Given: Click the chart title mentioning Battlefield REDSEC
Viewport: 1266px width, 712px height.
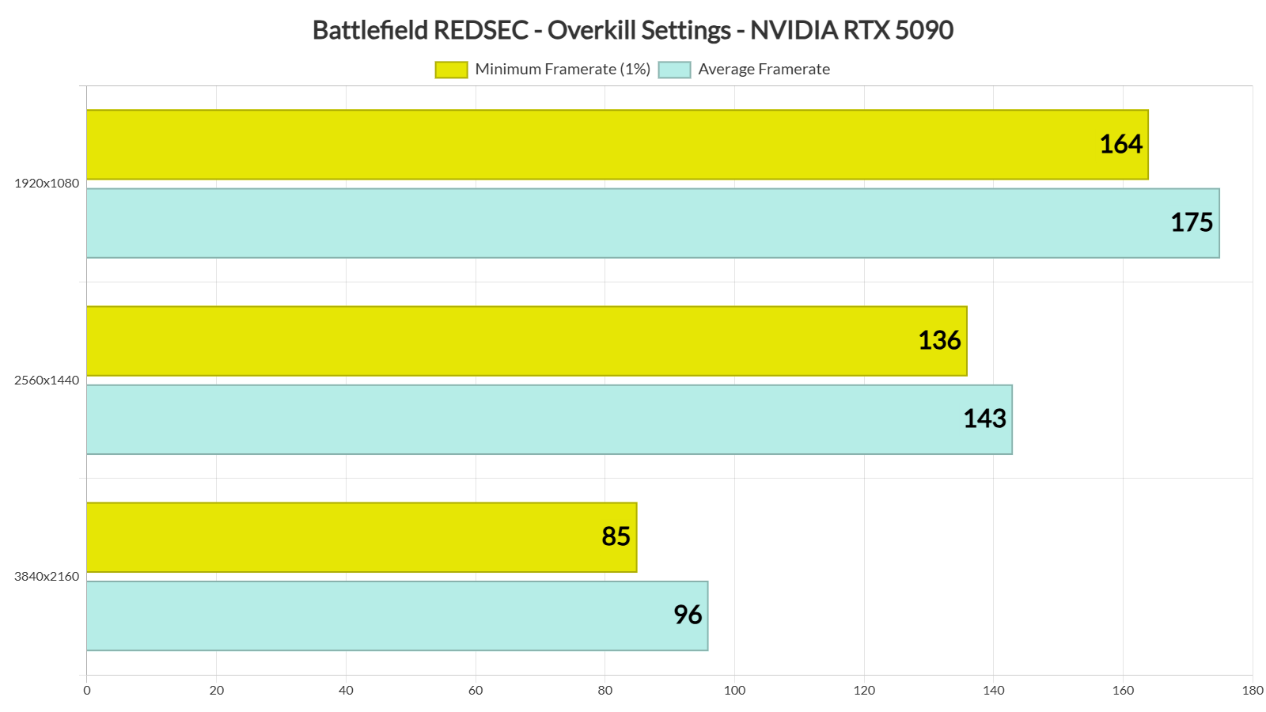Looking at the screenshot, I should (633, 30).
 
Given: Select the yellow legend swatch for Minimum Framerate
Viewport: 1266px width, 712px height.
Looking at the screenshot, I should (451, 70).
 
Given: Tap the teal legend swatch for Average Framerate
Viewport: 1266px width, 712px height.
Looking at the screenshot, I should (674, 70).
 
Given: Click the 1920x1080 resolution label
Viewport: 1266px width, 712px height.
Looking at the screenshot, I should (47, 184).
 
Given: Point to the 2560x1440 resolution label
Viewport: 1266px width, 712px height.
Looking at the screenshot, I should (47, 381).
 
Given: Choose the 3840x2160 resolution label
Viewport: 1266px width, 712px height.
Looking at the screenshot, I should (47, 577).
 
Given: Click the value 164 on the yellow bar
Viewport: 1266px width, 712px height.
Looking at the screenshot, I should (1120, 144).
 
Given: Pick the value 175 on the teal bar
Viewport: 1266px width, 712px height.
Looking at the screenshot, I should (1192, 222).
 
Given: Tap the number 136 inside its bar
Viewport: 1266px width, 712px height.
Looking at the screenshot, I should (939, 340).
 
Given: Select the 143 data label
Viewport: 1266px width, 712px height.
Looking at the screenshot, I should (984, 418).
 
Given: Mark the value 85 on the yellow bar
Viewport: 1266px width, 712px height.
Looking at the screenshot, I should (616, 536).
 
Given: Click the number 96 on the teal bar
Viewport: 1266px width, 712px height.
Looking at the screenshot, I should (688, 615).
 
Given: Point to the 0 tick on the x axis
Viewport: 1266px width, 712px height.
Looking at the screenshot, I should (87, 691).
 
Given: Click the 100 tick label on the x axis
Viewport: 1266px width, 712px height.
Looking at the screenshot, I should (734, 691).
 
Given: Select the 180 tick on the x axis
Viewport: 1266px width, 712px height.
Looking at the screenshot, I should (1253, 691).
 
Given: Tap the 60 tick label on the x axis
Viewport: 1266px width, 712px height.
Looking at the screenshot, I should (476, 691).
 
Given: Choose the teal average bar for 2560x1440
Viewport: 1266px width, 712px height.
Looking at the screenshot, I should (514, 419).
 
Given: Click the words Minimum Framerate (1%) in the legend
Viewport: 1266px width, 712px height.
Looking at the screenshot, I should (563, 70).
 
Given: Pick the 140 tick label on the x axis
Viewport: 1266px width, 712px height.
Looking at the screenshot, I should (994, 691).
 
